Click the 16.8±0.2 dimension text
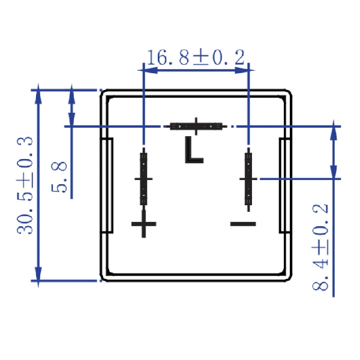pyautogui.click(x=196, y=57)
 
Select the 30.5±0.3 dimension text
pyautogui.click(x=25, y=185)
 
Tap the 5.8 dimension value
pyautogui.click(x=59, y=177)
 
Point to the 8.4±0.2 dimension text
pyautogui.click(x=320, y=247)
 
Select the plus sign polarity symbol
pyautogui.click(x=144, y=224)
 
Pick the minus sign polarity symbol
pyautogui.click(x=243, y=224)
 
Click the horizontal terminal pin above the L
pyautogui.click(x=196, y=126)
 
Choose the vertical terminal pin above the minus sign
pyautogui.click(x=248, y=179)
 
